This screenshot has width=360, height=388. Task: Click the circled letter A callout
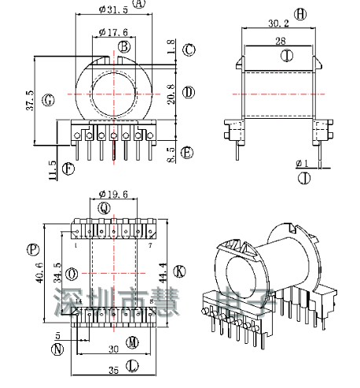coord(140,5)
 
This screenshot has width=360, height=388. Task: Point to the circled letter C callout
coord(189,50)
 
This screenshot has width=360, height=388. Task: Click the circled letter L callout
coord(132,365)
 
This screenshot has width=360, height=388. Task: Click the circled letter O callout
coord(73,273)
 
